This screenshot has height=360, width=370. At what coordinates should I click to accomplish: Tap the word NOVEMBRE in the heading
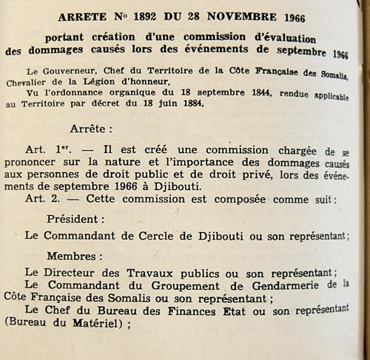pos(252,16)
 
